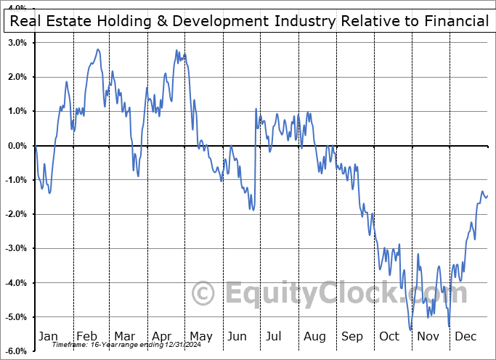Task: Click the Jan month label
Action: coord(48,336)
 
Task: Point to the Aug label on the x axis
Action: coord(314,336)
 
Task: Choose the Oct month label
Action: coord(389,336)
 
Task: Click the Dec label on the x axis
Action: coord(465,336)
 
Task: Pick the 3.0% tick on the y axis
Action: coord(17,43)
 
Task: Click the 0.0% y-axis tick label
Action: coord(17,146)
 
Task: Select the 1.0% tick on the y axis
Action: coord(17,111)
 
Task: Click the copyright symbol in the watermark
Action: coord(204,294)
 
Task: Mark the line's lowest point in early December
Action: coord(450,327)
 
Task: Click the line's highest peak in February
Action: coord(98,49)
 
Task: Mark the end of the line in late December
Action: coord(488,195)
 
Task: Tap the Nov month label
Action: coord(428,336)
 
